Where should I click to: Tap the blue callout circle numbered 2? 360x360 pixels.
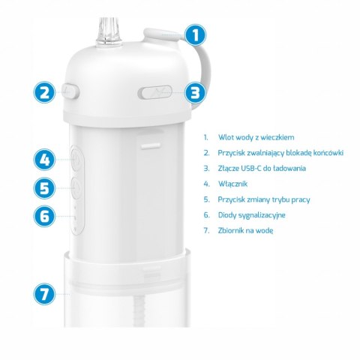click(46, 92)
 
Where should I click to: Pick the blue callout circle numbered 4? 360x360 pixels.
click(46, 159)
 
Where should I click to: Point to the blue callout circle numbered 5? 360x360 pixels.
click(46, 187)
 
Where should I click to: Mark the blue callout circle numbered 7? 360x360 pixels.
click(46, 294)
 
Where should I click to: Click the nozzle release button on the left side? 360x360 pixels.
click(70, 91)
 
